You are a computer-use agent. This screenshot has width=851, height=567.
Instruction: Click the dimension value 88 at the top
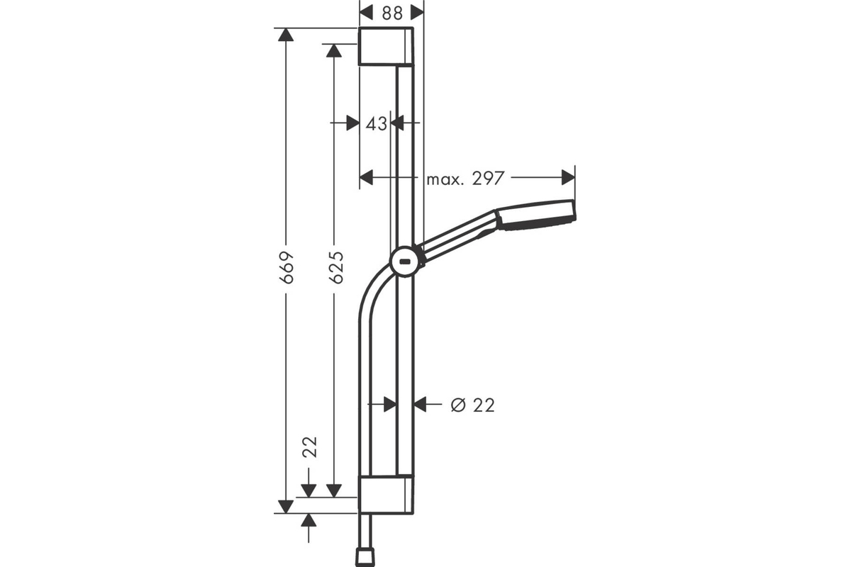pyautogui.click(x=391, y=12)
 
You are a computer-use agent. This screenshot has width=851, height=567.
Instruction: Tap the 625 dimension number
pyautogui.click(x=335, y=267)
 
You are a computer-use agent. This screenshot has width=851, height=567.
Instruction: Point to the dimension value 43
pyautogui.click(x=377, y=123)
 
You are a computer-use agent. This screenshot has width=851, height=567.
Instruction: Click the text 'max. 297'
pyautogui.click(x=465, y=179)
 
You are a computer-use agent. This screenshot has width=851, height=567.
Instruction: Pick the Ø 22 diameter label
pyautogui.click(x=473, y=405)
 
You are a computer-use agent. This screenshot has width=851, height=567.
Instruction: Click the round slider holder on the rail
pyautogui.click(x=406, y=262)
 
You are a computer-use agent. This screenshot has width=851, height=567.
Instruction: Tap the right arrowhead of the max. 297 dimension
pyautogui.click(x=567, y=177)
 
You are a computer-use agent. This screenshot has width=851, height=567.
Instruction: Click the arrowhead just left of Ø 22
pyautogui.click(x=421, y=404)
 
